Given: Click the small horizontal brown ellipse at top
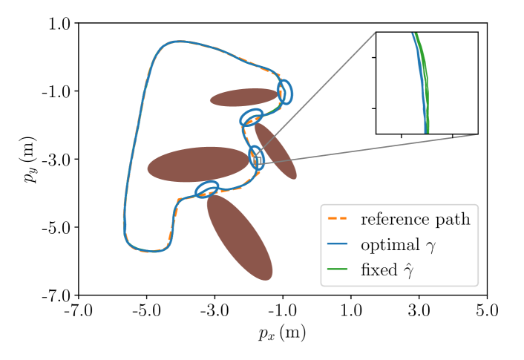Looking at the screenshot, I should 243,97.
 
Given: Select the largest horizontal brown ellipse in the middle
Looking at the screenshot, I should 197,164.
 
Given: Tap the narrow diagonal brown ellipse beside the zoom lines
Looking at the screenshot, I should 276,151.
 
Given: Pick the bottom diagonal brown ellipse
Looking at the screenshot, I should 239,237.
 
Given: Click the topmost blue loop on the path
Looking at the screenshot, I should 284,92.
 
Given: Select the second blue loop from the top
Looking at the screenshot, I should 252,117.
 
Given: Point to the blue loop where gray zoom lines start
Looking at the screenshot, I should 256,158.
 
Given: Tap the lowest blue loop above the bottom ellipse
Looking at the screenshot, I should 207,189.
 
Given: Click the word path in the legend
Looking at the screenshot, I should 452,220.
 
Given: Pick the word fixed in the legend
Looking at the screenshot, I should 379,269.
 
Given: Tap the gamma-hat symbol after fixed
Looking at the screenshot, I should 408,271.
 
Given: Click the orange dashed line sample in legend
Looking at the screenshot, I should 338,219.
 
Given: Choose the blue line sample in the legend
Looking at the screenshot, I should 338,244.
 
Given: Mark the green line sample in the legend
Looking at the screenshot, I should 338,269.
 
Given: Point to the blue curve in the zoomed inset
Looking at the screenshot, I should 422,82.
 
